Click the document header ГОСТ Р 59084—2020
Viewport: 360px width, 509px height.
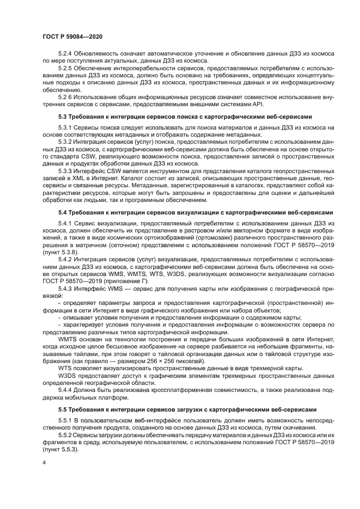point(72,36)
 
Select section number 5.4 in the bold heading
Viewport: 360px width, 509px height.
point(62,212)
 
